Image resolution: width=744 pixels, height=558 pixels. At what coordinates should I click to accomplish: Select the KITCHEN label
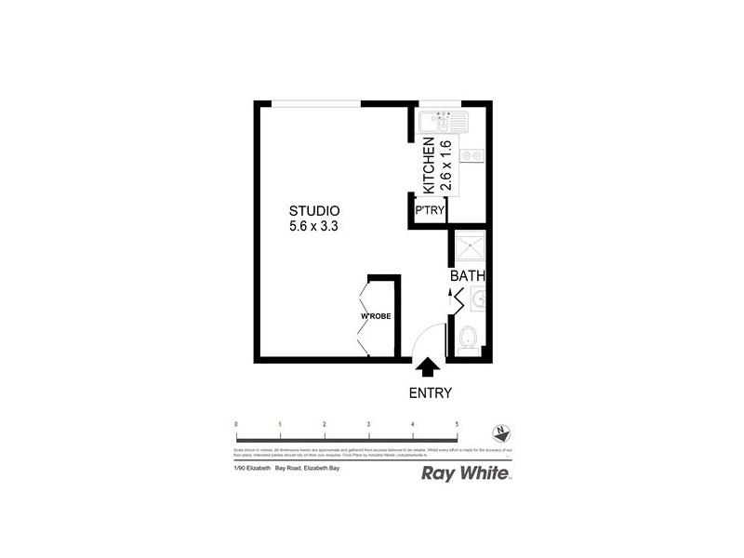pyautogui.click(x=430, y=166)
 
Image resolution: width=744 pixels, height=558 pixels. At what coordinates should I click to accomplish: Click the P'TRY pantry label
pyautogui.click(x=430, y=212)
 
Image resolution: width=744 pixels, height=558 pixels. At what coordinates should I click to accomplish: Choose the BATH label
pyautogui.click(x=467, y=276)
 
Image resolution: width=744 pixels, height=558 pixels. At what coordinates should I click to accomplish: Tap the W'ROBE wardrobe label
pyautogui.click(x=376, y=317)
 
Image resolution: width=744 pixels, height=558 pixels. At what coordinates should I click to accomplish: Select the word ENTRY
pyautogui.click(x=430, y=392)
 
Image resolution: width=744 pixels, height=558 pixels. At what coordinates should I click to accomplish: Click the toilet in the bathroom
pyautogui.click(x=468, y=340)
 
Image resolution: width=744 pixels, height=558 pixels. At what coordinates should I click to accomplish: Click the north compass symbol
pyautogui.click(x=502, y=433)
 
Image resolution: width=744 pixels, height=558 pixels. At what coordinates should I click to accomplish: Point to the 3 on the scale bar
pyautogui.click(x=368, y=424)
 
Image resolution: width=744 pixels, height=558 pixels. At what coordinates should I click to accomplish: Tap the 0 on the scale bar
pyautogui.click(x=236, y=424)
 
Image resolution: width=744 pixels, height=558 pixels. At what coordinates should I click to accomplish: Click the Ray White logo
pyautogui.click(x=466, y=474)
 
